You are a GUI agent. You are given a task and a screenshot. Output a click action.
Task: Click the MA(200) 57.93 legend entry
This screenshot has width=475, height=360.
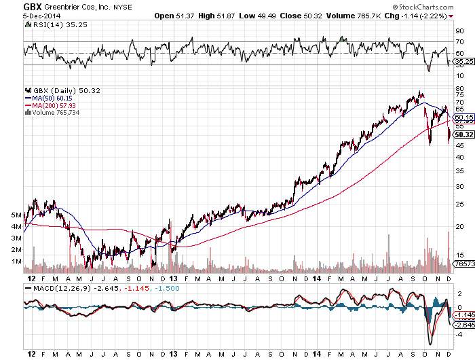50,105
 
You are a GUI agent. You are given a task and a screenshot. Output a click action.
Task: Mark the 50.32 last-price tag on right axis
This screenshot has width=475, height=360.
463,134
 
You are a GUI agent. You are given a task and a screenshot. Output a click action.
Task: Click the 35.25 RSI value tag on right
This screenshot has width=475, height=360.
463,61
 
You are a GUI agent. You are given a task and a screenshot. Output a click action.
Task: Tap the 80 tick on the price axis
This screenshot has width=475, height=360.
459,89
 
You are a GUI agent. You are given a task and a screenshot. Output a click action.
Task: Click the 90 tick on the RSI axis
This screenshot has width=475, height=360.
459,31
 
